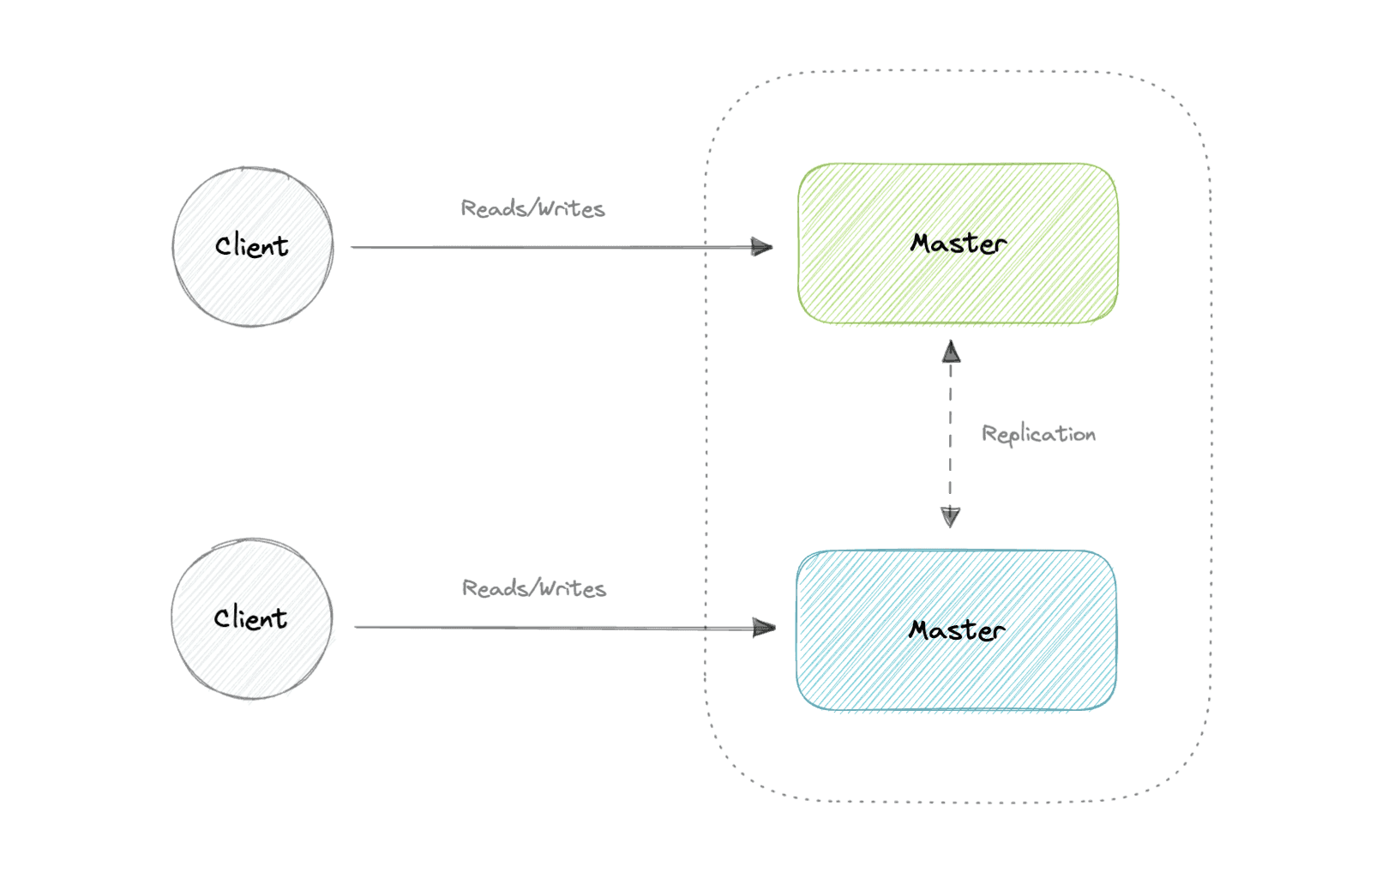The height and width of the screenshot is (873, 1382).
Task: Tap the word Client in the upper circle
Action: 251,246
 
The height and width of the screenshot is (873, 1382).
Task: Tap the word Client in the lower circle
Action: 250,618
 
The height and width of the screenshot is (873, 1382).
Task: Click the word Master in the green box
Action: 958,244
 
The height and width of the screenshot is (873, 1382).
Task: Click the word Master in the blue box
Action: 957,630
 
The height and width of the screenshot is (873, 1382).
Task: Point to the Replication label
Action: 1038,434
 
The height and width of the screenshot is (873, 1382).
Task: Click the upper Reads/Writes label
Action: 532,208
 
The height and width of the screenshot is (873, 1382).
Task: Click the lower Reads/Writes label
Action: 533,588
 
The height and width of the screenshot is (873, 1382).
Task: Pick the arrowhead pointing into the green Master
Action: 762,247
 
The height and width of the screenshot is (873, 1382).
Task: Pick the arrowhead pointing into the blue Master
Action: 764,628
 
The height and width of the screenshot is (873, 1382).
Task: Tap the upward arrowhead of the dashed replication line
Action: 951,352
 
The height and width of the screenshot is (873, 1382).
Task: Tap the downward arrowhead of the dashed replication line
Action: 950,516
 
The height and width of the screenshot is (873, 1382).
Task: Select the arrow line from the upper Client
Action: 549,247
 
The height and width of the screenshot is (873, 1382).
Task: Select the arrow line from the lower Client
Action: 549,628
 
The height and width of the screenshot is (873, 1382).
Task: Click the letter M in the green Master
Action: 923,244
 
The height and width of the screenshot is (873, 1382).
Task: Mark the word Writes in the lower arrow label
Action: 573,588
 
